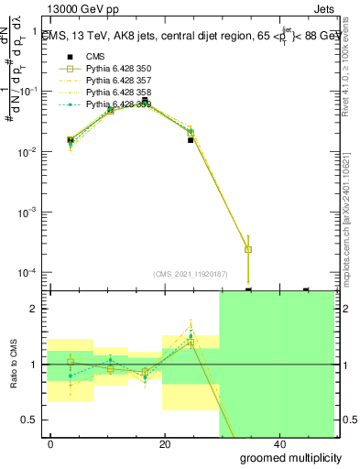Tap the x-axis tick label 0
tap(51, 444)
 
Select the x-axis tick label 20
tap(164, 444)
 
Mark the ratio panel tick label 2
tap(34, 310)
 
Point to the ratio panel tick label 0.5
tap(29, 420)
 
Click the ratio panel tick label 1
tap(34, 365)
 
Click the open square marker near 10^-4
tap(248, 249)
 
